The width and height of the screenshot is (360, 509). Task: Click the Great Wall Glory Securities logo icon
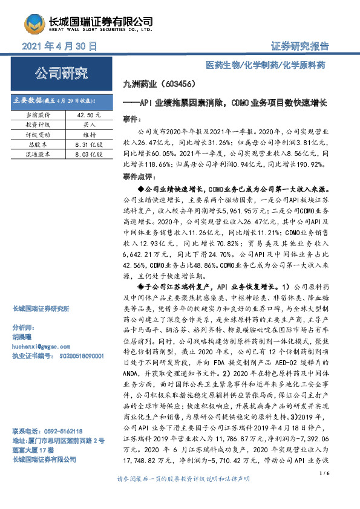tap(35, 23)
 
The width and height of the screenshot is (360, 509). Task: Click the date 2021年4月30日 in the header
tap(59, 46)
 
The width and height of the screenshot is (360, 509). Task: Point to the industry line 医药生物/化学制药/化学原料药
tap(274, 65)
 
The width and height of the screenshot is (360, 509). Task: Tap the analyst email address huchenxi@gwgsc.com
tap(38, 346)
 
